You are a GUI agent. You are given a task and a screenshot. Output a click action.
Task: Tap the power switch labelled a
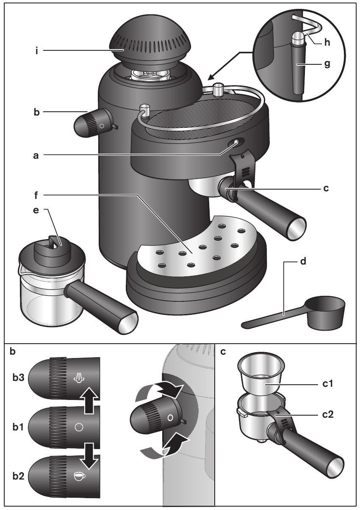(x=234, y=144)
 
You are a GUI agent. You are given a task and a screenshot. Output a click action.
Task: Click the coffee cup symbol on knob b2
(x=79, y=476)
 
